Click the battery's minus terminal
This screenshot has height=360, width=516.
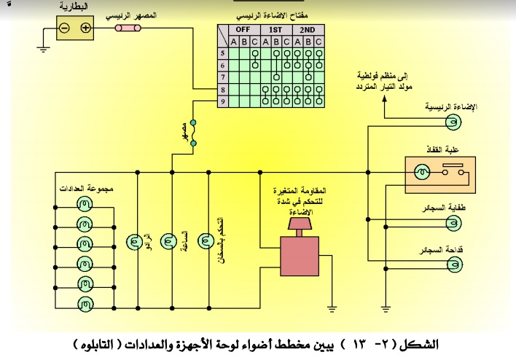pos(65,29)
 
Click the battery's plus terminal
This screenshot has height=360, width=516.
pos(85,29)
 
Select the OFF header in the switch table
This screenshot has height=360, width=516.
pos(242,29)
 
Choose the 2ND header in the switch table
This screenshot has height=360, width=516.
pos(308,29)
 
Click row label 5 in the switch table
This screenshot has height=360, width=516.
pos(222,53)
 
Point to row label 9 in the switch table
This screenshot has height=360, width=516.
pos(222,101)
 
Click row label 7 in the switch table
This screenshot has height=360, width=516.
pos(222,77)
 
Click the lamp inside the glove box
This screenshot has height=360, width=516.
pos(421,173)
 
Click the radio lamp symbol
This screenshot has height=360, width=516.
pos(133,240)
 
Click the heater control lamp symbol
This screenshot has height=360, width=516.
pos(206,240)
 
